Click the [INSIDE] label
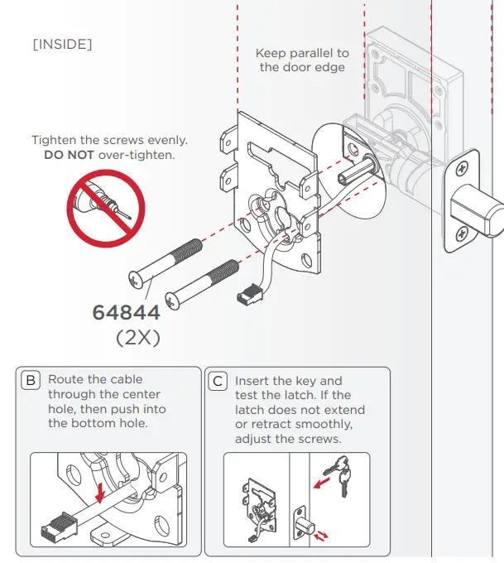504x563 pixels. [x=62, y=43]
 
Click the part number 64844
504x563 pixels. [x=127, y=314]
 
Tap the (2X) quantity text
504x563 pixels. [x=137, y=339]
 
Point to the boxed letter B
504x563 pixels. [x=31, y=381]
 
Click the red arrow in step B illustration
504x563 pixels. [x=100, y=493]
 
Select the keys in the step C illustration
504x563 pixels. [x=336, y=475]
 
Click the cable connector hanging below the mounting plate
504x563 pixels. [x=248, y=293]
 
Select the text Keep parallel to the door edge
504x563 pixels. [x=302, y=60]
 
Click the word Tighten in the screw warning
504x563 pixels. [x=56, y=140]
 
